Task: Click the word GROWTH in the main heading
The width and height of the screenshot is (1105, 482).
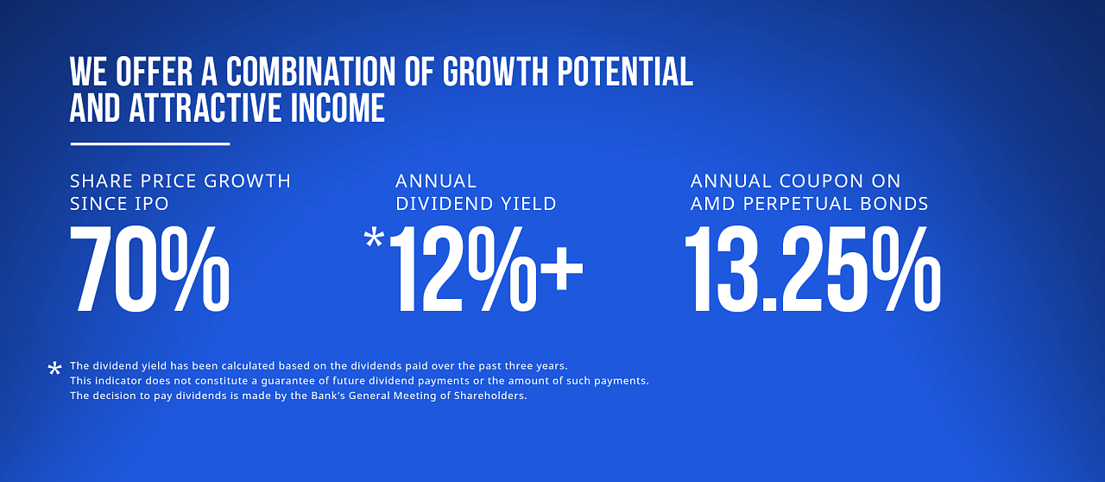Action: (x=495, y=72)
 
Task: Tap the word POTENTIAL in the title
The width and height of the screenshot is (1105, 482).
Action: (x=626, y=72)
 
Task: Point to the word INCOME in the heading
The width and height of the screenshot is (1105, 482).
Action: (x=338, y=108)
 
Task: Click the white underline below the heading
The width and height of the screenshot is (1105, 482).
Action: (x=150, y=144)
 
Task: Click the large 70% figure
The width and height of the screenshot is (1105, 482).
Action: (x=150, y=270)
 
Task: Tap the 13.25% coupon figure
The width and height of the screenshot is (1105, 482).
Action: (x=813, y=270)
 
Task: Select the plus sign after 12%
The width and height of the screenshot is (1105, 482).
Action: (x=562, y=269)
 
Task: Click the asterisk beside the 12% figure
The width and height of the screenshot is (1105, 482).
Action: (x=374, y=238)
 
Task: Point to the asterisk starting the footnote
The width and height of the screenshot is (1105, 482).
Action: (x=54, y=369)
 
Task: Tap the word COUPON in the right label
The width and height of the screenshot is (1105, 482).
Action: (x=821, y=181)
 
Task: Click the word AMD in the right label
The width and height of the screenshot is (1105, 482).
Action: (x=713, y=204)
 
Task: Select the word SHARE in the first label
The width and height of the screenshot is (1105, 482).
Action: (x=101, y=181)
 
